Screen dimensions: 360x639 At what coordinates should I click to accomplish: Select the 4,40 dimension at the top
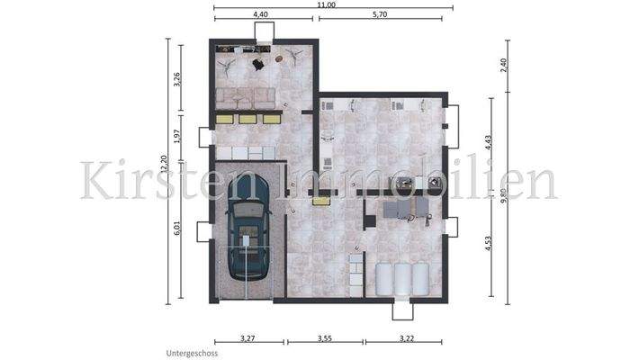[x=261, y=16]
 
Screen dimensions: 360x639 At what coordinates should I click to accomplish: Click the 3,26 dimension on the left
[x=177, y=77]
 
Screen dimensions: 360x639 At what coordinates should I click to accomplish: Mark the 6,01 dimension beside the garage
[x=177, y=229]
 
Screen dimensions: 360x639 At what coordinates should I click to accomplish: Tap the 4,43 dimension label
[x=487, y=140]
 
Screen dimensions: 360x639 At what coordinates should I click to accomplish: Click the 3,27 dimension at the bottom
[x=247, y=337]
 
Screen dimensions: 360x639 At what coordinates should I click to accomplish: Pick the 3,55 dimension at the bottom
[x=325, y=337]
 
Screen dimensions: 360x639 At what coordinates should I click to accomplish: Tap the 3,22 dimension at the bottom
[x=403, y=337]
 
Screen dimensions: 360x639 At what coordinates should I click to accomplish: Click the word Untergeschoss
[x=191, y=354]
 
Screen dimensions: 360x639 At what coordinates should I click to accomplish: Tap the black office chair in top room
[x=258, y=64]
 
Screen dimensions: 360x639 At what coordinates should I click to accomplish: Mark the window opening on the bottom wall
[x=402, y=311]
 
